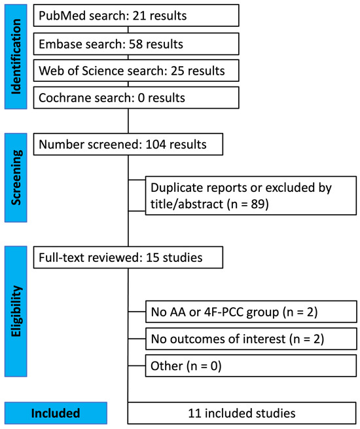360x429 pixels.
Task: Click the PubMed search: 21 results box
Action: [129, 15]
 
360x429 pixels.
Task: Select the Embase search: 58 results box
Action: [129, 45]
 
